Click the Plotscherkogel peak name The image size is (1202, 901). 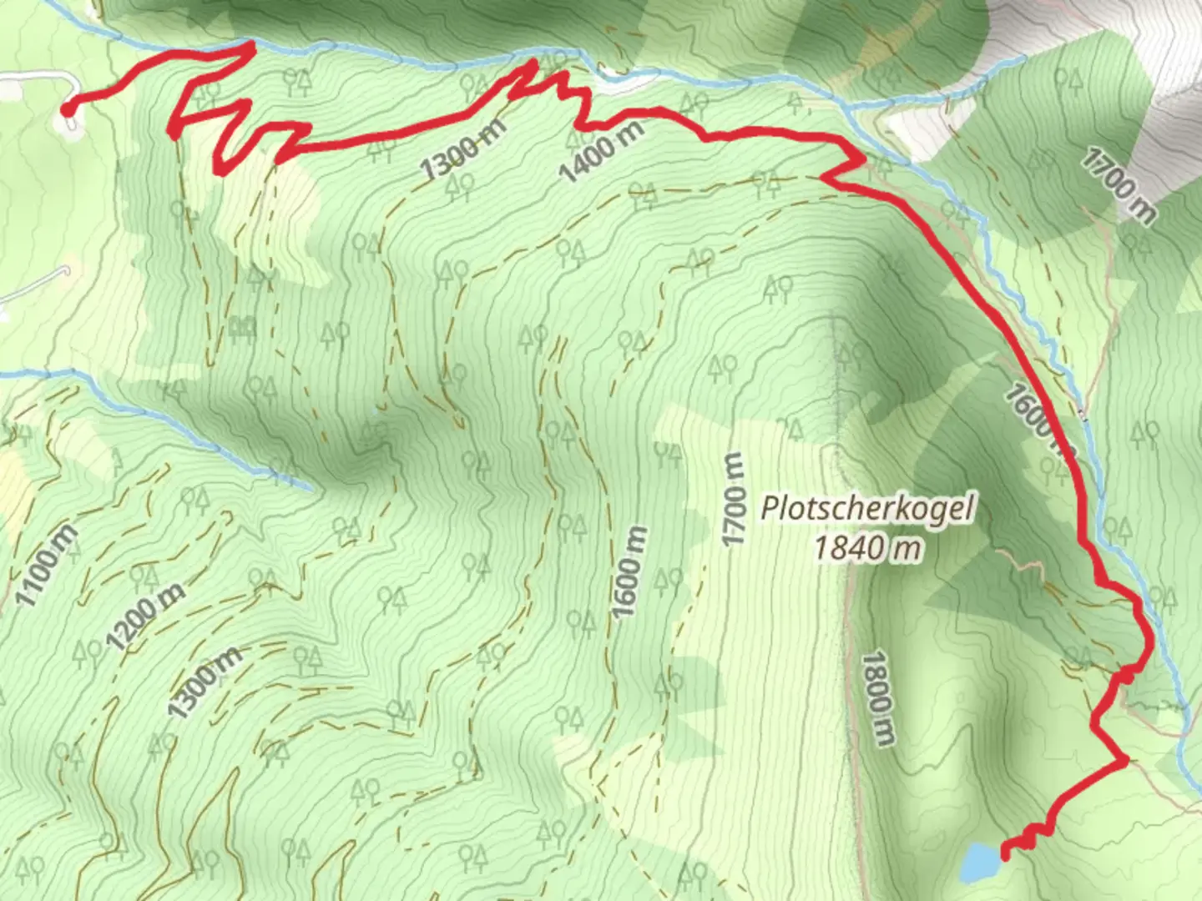pos(867,508)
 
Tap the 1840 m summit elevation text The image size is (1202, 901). pos(868,548)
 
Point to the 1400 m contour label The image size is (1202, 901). pos(602,151)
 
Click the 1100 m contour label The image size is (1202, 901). pos(47,566)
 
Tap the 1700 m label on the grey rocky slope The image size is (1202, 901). pos(1119,184)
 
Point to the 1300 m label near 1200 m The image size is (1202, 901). pos(205,682)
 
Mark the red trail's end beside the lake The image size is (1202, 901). pos(1005,853)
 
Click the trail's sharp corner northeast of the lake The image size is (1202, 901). pos(1125,759)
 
